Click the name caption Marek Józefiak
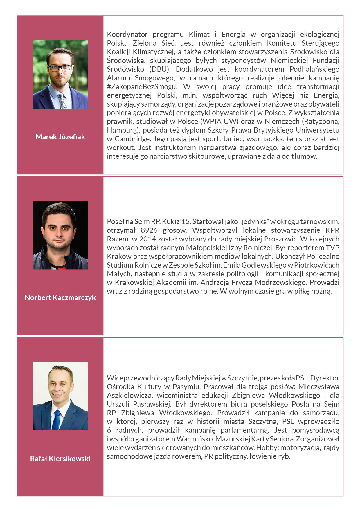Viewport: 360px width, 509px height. [x=60, y=137]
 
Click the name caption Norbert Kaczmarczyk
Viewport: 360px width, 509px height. [x=60, y=297]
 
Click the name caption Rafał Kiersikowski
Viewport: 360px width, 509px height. [x=60, y=459]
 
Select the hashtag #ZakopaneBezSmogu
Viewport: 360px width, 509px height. [x=142, y=86]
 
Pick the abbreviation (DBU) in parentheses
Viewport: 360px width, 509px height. [x=160, y=69]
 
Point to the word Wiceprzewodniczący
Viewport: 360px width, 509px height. [x=141, y=378]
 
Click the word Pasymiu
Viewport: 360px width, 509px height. [x=186, y=387]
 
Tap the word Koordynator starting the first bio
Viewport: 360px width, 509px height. [x=127, y=34]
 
